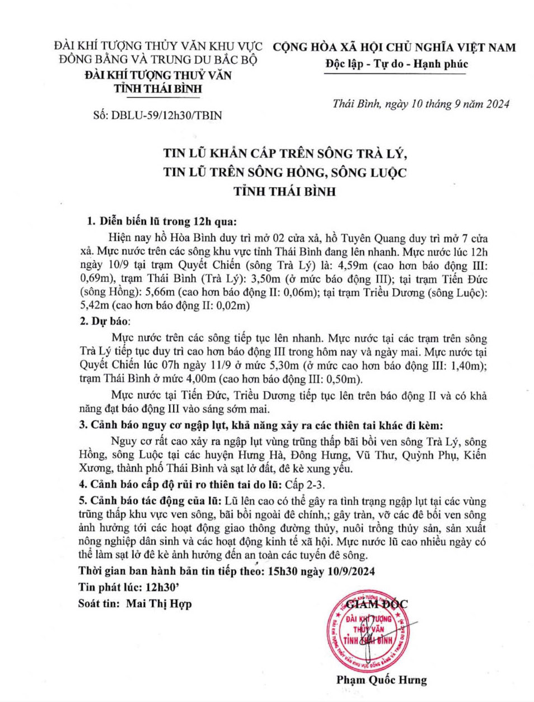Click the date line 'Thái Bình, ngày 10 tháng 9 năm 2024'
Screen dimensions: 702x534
[420, 104]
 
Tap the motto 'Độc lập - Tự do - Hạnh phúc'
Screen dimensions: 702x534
[396, 64]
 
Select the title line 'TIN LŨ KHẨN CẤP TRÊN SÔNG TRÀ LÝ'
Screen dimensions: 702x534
[285, 154]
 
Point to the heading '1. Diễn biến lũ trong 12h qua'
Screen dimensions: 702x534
[162, 221]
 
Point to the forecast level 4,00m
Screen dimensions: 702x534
[200, 379]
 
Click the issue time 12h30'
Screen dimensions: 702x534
[162, 587]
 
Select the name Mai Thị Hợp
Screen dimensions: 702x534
[159, 603]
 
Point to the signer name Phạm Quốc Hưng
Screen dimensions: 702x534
[381, 680]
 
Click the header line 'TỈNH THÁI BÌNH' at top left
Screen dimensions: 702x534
[158, 89]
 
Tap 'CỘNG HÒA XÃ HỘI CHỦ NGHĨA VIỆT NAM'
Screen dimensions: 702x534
[394, 48]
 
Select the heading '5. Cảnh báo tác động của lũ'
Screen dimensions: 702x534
[151, 501]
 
